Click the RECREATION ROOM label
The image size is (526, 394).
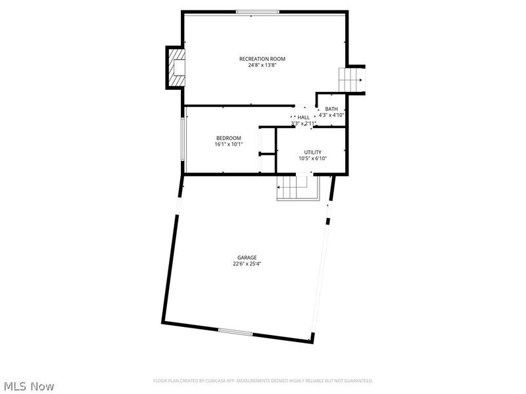(262, 58)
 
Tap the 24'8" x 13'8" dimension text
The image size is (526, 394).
(262, 65)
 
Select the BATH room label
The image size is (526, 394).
(331, 109)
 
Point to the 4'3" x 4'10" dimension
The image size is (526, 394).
(331, 115)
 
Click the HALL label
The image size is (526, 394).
(304, 117)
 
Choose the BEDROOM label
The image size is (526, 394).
(229, 138)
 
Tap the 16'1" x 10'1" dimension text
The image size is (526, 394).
(229, 144)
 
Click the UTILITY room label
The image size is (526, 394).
(312, 152)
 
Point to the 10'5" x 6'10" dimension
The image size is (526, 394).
(312, 158)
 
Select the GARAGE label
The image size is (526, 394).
(247, 257)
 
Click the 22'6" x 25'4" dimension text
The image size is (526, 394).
(247, 264)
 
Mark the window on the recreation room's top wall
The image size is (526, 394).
(258, 11)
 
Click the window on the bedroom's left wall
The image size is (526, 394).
(183, 139)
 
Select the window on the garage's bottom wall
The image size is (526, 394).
(235, 332)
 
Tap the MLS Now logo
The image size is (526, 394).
(29, 386)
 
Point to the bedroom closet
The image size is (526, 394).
(268, 150)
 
